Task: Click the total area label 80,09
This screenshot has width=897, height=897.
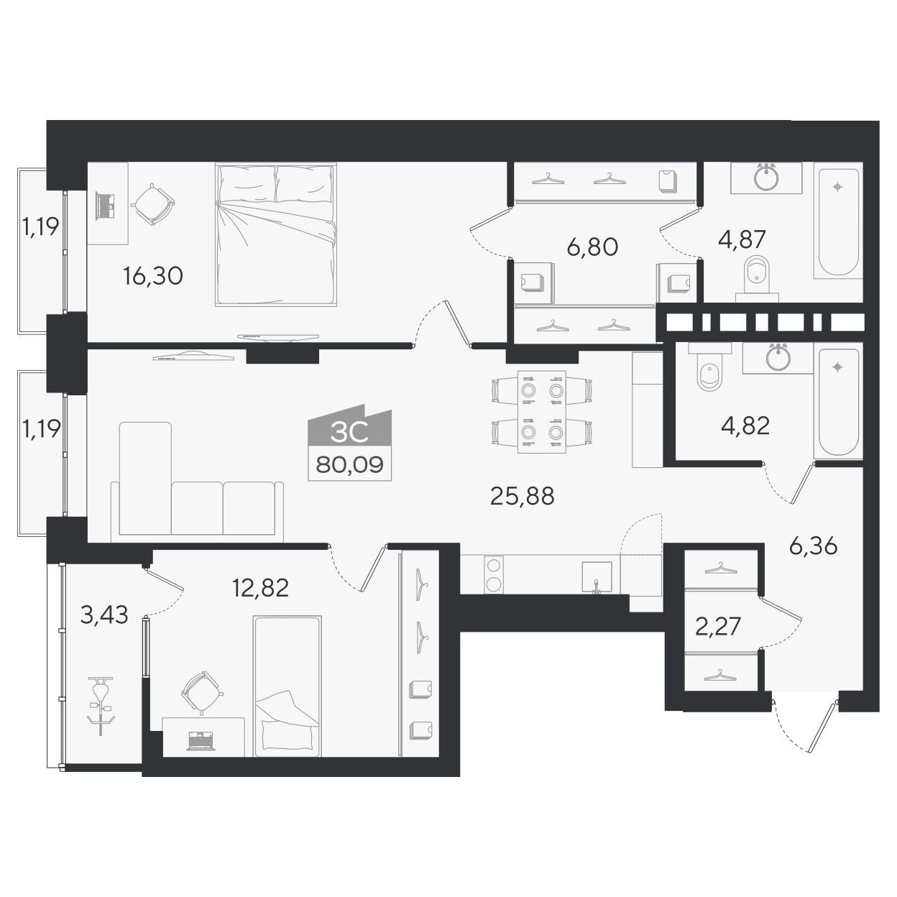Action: (x=349, y=464)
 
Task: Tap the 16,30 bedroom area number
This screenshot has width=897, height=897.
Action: (x=152, y=276)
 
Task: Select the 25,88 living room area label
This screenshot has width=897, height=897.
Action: (x=522, y=496)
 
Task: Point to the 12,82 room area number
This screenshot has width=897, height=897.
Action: (x=260, y=587)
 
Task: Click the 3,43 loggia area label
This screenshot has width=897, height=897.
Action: (x=103, y=615)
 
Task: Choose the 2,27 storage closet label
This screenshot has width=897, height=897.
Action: (x=717, y=626)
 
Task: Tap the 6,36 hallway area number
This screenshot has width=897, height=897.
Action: (x=813, y=546)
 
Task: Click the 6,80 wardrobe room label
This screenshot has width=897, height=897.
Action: (x=592, y=247)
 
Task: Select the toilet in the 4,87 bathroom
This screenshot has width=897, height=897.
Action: (x=757, y=278)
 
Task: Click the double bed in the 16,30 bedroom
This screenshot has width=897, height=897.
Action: (x=275, y=234)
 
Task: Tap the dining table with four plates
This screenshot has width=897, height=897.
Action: (x=542, y=412)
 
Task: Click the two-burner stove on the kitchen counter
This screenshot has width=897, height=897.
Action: (x=494, y=574)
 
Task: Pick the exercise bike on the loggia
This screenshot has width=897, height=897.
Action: (x=101, y=706)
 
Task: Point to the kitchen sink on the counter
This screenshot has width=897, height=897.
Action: (x=597, y=578)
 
